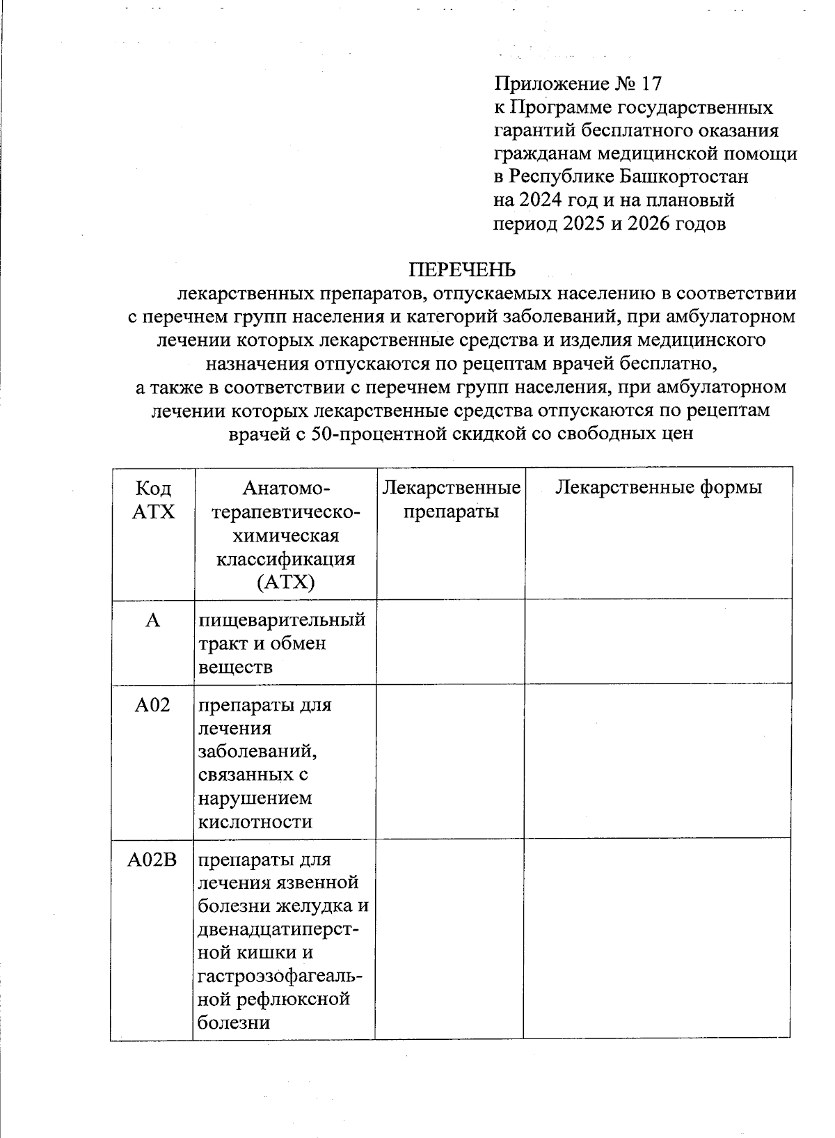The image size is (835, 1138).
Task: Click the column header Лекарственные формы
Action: pos(658,487)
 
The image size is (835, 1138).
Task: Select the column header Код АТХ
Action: pos(153,500)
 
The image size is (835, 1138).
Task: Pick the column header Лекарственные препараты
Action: pos(452,500)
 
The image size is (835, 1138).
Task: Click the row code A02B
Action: pos(152,860)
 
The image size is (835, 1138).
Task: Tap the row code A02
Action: pos(152,705)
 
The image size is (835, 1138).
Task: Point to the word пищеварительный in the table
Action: pos(282,620)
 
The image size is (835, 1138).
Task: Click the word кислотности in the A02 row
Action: pos(255,822)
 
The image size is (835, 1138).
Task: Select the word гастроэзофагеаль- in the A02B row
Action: pos(280,977)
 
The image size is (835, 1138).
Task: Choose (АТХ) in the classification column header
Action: pos(285,583)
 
